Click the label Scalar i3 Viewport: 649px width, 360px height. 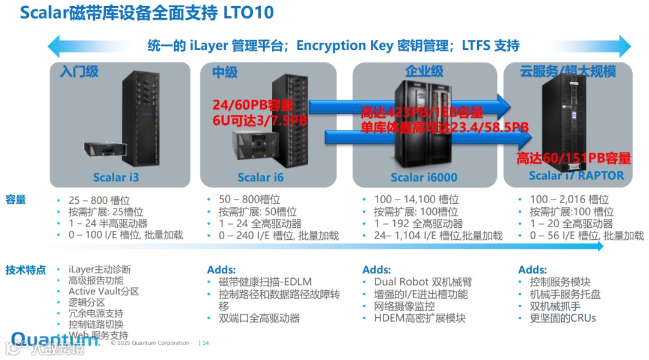(116, 177)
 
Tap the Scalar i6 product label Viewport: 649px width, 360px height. (260, 177)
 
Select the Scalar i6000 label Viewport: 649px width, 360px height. (424, 177)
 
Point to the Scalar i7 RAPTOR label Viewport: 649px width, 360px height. (576, 175)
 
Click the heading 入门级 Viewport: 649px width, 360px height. (79, 72)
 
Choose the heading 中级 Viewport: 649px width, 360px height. (225, 73)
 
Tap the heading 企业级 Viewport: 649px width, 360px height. (424, 72)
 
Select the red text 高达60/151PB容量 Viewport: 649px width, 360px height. (574, 159)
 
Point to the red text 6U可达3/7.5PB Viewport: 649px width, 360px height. (260, 120)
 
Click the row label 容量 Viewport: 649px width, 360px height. (16, 200)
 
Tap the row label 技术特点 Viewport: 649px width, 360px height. (25, 270)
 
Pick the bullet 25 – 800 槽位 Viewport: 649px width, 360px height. (99, 200)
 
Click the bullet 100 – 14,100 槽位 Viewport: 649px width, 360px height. (416, 200)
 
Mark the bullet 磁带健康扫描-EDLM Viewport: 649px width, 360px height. (265, 282)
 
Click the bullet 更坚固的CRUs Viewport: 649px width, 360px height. (562, 319)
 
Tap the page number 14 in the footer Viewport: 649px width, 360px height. (206, 343)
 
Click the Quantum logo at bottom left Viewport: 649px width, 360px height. (54, 340)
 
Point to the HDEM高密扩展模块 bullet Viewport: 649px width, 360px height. (419, 319)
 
